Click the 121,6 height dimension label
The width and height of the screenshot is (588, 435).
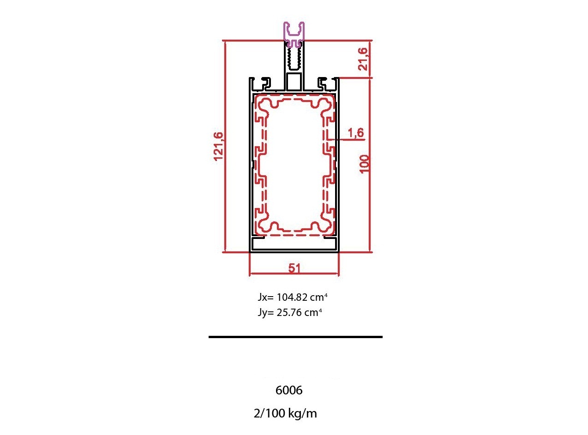coord(218,147)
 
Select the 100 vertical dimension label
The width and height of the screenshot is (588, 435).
coord(365,164)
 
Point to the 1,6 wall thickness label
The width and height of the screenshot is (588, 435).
coord(355,133)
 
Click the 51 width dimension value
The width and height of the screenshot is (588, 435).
coord(294,268)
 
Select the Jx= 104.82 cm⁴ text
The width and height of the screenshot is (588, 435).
coord(293,297)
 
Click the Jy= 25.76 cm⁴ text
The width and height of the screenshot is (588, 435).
coord(290,312)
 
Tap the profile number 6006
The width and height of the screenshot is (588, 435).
coord(289,390)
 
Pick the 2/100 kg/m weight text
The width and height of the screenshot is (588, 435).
coord(285,413)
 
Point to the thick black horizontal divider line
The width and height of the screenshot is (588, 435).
coord(295,337)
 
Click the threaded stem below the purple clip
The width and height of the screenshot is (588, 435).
coord(294,59)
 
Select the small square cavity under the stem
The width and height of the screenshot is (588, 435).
coord(294,82)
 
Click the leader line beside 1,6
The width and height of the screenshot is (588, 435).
coord(348,139)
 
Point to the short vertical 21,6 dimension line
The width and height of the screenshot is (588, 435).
coord(371,59)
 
